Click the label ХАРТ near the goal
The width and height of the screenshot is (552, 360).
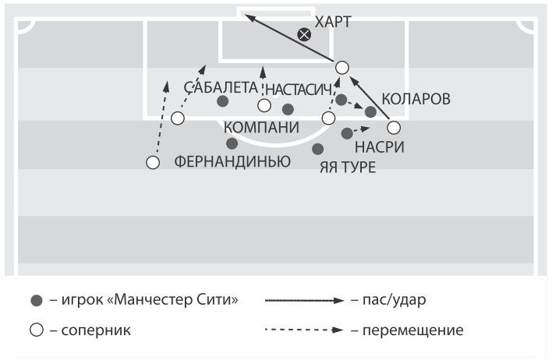[333, 21]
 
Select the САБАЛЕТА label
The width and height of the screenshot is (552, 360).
[221, 87]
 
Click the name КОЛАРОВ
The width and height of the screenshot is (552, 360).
[416, 100]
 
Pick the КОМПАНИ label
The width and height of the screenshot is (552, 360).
[261, 128]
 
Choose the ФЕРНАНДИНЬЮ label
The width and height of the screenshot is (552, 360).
[232, 162]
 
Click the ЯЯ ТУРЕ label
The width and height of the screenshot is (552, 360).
[348, 167]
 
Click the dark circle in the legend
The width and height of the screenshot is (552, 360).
[35, 300]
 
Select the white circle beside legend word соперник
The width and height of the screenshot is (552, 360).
[35, 330]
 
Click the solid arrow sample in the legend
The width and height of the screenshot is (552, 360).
[304, 300]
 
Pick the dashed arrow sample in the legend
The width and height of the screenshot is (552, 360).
[304, 330]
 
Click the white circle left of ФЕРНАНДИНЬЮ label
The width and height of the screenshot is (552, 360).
[153, 163]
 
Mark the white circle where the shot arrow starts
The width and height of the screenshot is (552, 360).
[341, 67]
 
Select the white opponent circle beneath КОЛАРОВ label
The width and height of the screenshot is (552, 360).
[394, 127]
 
